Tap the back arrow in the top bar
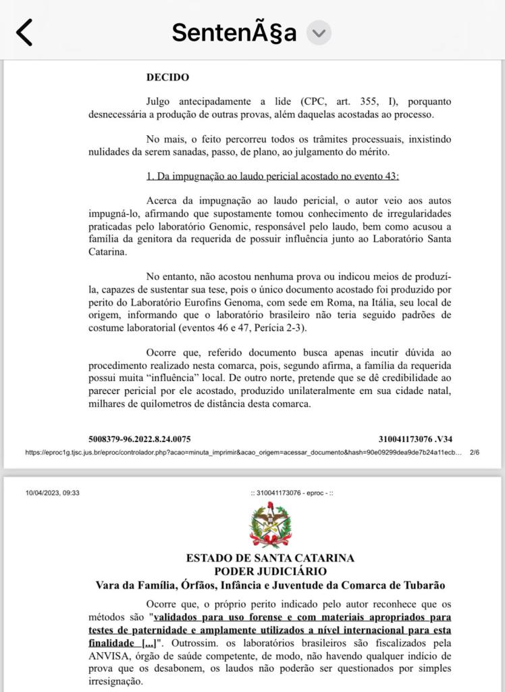pos(24,32)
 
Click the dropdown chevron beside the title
pos(319,32)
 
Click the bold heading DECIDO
pos(167,78)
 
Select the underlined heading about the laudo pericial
pos(273,176)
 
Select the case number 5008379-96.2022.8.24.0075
pos(139,438)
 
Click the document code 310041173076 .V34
pos(415,438)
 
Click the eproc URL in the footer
pos(243,452)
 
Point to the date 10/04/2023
pos(42,493)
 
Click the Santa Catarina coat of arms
pos(270,526)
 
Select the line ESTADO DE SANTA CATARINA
pos(270,558)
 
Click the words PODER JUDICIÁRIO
pos(270,571)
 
